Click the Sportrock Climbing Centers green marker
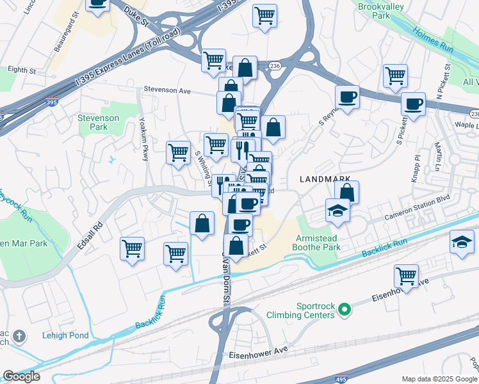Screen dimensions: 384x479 [345, 310]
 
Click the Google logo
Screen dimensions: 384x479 [21, 376]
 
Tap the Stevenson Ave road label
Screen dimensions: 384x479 [167, 90]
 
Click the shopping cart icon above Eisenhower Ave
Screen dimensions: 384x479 [406, 276]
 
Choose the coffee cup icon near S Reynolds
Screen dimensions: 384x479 [348, 98]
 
